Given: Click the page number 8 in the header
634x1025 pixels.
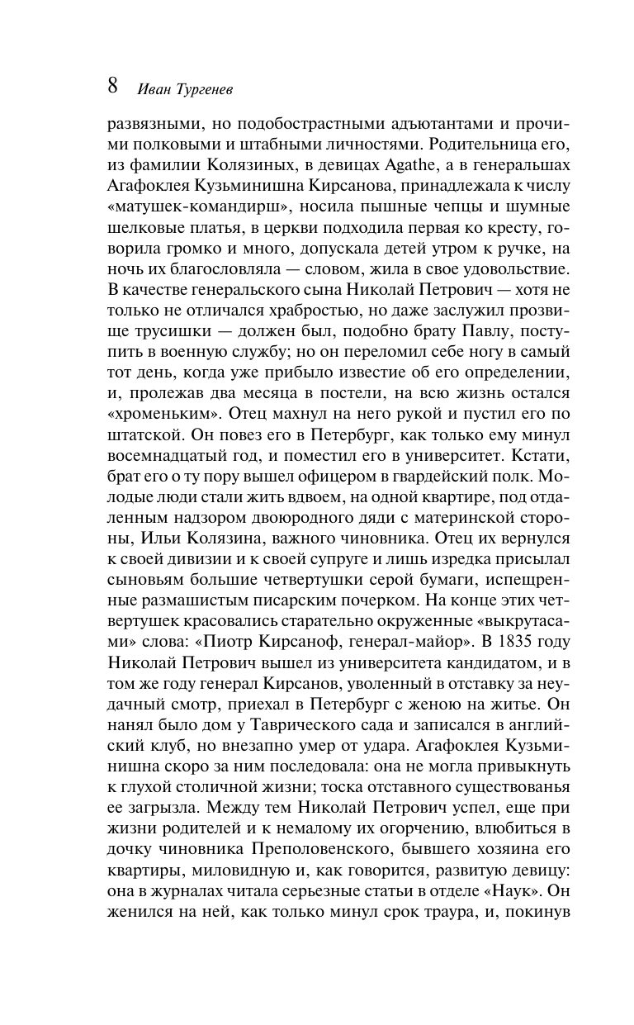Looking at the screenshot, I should (x=114, y=86).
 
